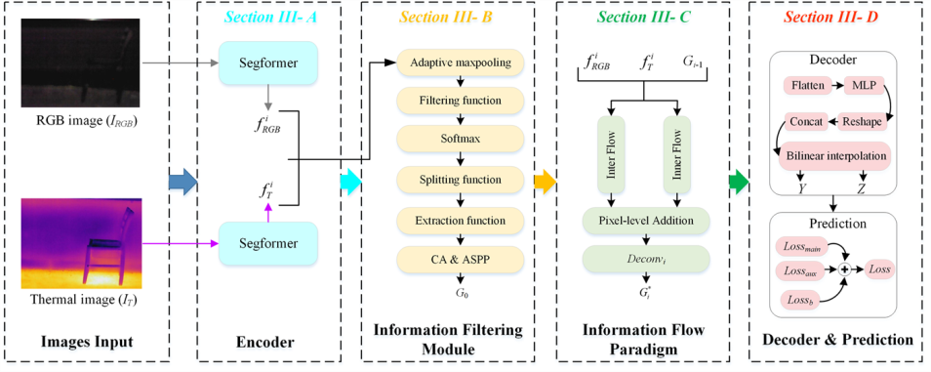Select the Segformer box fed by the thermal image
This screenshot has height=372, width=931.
pos(268,243)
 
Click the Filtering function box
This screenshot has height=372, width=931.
pos(460,101)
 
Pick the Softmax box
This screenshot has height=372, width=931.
pos(460,140)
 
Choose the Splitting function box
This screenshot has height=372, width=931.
pos(460,179)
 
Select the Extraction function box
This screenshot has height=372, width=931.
pos(460,220)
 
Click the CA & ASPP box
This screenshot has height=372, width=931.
pos(460,260)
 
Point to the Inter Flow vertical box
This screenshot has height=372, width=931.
pos(609,154)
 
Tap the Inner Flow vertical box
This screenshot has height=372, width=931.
pos(677,154)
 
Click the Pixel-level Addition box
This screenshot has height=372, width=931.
pos(646,220)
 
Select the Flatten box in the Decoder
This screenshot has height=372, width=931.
pos(807,85)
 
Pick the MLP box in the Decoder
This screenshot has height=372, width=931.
pos(864,85)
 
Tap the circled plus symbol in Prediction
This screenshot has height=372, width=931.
pos(844,269)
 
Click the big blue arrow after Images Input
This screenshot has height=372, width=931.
pos(182,180)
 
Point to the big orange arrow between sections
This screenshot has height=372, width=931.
pos(545,180)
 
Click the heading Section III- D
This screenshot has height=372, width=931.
pos(838,19)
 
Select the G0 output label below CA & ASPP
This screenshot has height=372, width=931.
pos(460,292)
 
